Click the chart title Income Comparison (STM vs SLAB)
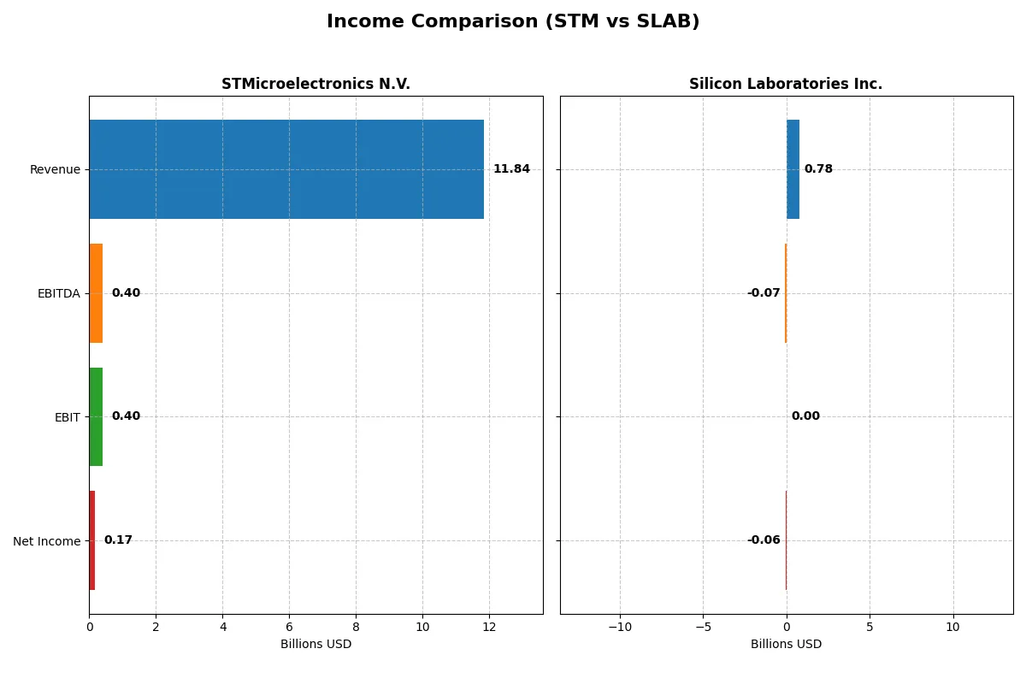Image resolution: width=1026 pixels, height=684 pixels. [x=513, y=22]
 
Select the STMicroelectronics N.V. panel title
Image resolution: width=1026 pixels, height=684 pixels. [x=315, y=84]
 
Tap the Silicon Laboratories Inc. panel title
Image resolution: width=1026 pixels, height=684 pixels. [x=786, y=84]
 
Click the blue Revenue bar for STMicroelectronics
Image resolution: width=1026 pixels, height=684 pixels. [x=286, y=169]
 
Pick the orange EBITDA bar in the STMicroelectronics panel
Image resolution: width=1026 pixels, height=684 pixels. [x=96, y=293]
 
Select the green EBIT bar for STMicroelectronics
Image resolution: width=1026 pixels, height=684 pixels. [x=96, y=416]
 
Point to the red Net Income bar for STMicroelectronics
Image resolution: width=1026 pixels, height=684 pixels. [x=91, y=540]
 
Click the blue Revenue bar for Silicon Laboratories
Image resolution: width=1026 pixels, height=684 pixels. [x=793, y=169]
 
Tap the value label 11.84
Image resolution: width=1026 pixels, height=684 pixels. [x=511, y=169]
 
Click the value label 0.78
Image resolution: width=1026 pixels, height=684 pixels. [x=818, y=169]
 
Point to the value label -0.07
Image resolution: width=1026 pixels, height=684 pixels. [x=764, y=293]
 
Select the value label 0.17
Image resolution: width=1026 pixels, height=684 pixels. [x=118, y=540]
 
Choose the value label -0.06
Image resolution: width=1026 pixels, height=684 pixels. [x=764, y=540]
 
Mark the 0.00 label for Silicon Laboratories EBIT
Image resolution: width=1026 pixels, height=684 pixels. [x=805, y=416]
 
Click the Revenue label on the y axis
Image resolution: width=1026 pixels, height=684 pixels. [x=55, y=169]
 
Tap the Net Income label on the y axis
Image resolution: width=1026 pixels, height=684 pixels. [x=47, y=541]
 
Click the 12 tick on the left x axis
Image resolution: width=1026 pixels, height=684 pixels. [x=489, y=627]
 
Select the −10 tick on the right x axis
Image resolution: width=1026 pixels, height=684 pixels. [x=620, y=627]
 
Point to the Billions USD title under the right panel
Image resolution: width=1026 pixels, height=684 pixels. [x=786, y=644]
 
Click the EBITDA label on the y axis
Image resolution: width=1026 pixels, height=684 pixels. [x=59, y=293]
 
